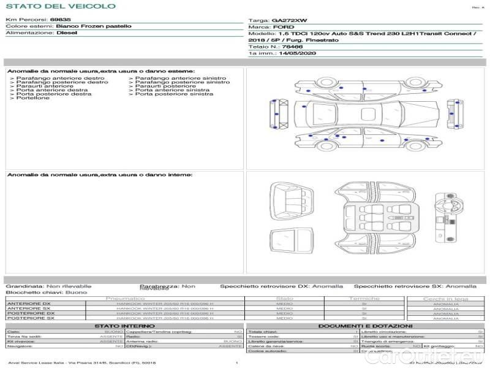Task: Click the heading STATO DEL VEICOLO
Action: click(x=60, y=6)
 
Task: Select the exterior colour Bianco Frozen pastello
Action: click(x=93, y=26)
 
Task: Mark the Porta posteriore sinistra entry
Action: click(x=174, y=94)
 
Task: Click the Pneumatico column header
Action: click(x=126, y=298)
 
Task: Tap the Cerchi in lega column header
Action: click(x=445, y=299)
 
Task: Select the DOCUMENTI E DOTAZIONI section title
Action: click(x=365, y=326)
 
